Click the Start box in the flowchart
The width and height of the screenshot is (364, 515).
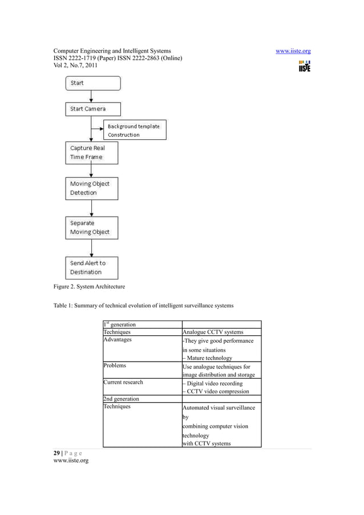[x=93, y=83]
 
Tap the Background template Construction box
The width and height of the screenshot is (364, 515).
[x=135, y=130]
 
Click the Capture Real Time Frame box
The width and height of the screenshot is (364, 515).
[x=91, y=152]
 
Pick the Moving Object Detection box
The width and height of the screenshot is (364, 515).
[x=91, y=188]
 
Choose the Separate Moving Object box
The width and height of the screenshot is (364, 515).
[x=91, y=228]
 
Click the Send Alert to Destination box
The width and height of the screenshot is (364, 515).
[x=91, y=267]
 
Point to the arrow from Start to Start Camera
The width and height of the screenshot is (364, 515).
[x=91, y=96]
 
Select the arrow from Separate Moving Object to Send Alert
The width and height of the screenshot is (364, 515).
[x=91, y=248]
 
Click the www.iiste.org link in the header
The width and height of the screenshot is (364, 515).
[x=293, y=51]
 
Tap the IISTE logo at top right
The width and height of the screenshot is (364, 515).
[x=304, y=66]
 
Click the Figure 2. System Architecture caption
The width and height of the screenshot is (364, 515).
[x=86, y=286]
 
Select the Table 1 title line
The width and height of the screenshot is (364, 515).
[x=143, y=306]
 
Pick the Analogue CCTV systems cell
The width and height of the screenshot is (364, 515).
[x=213, y=332]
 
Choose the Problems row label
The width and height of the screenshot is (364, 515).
[x=115, y=366]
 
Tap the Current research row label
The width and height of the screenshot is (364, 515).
[x=123, y=382]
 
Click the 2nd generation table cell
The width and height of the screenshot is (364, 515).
[x=121, y=399]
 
